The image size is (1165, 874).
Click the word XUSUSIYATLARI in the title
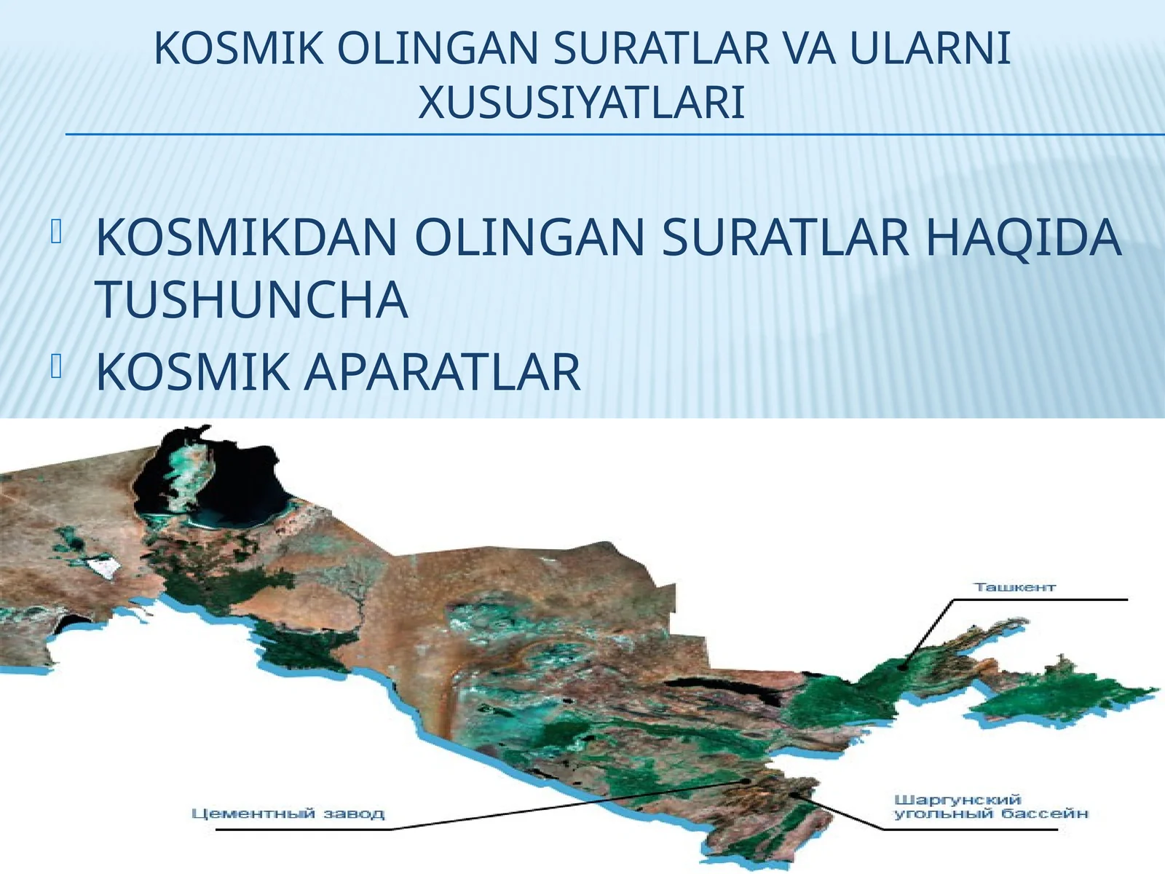point(581,103)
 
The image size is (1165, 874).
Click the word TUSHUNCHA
point(251,299)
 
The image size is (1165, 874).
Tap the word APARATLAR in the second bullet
point(442,372)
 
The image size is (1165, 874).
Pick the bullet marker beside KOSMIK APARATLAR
point(57,369)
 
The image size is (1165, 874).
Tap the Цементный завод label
point(288,814)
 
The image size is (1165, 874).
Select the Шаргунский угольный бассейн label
point(991,807)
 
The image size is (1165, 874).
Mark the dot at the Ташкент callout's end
point(902,664)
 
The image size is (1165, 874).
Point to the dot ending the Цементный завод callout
point(746,781)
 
